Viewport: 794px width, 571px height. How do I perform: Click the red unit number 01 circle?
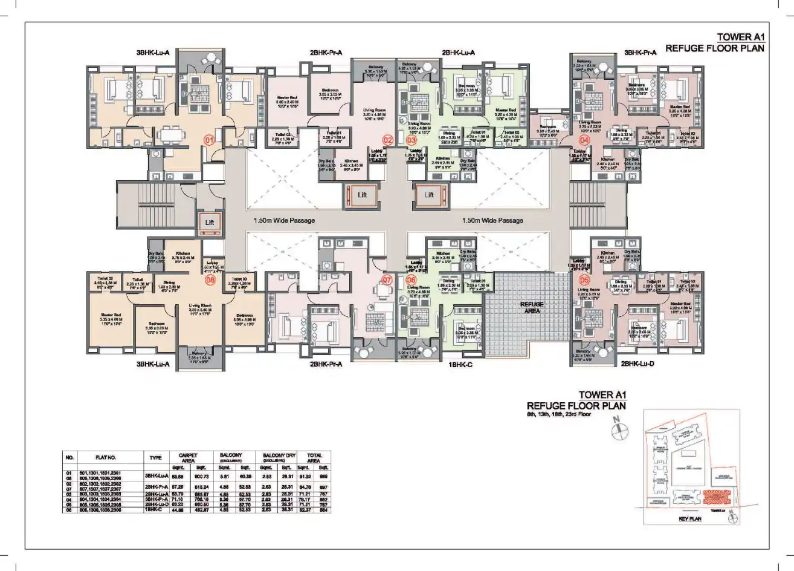click(210, 140)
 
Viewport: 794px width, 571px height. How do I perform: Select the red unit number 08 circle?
click(210, 280)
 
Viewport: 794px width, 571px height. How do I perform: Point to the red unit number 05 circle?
click(584, 280)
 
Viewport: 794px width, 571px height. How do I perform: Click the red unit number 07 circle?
click(387, 280)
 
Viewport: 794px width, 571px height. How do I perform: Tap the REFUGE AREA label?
click(532, 307)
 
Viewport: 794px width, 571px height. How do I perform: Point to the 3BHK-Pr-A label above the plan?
click(642, 53)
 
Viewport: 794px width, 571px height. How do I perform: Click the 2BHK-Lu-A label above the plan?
click(459, 53)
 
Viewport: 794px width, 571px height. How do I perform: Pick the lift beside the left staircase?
click(210, 223)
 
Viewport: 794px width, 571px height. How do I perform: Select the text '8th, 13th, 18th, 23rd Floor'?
click(558, 415)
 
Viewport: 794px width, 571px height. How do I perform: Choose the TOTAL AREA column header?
click(314, 458)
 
